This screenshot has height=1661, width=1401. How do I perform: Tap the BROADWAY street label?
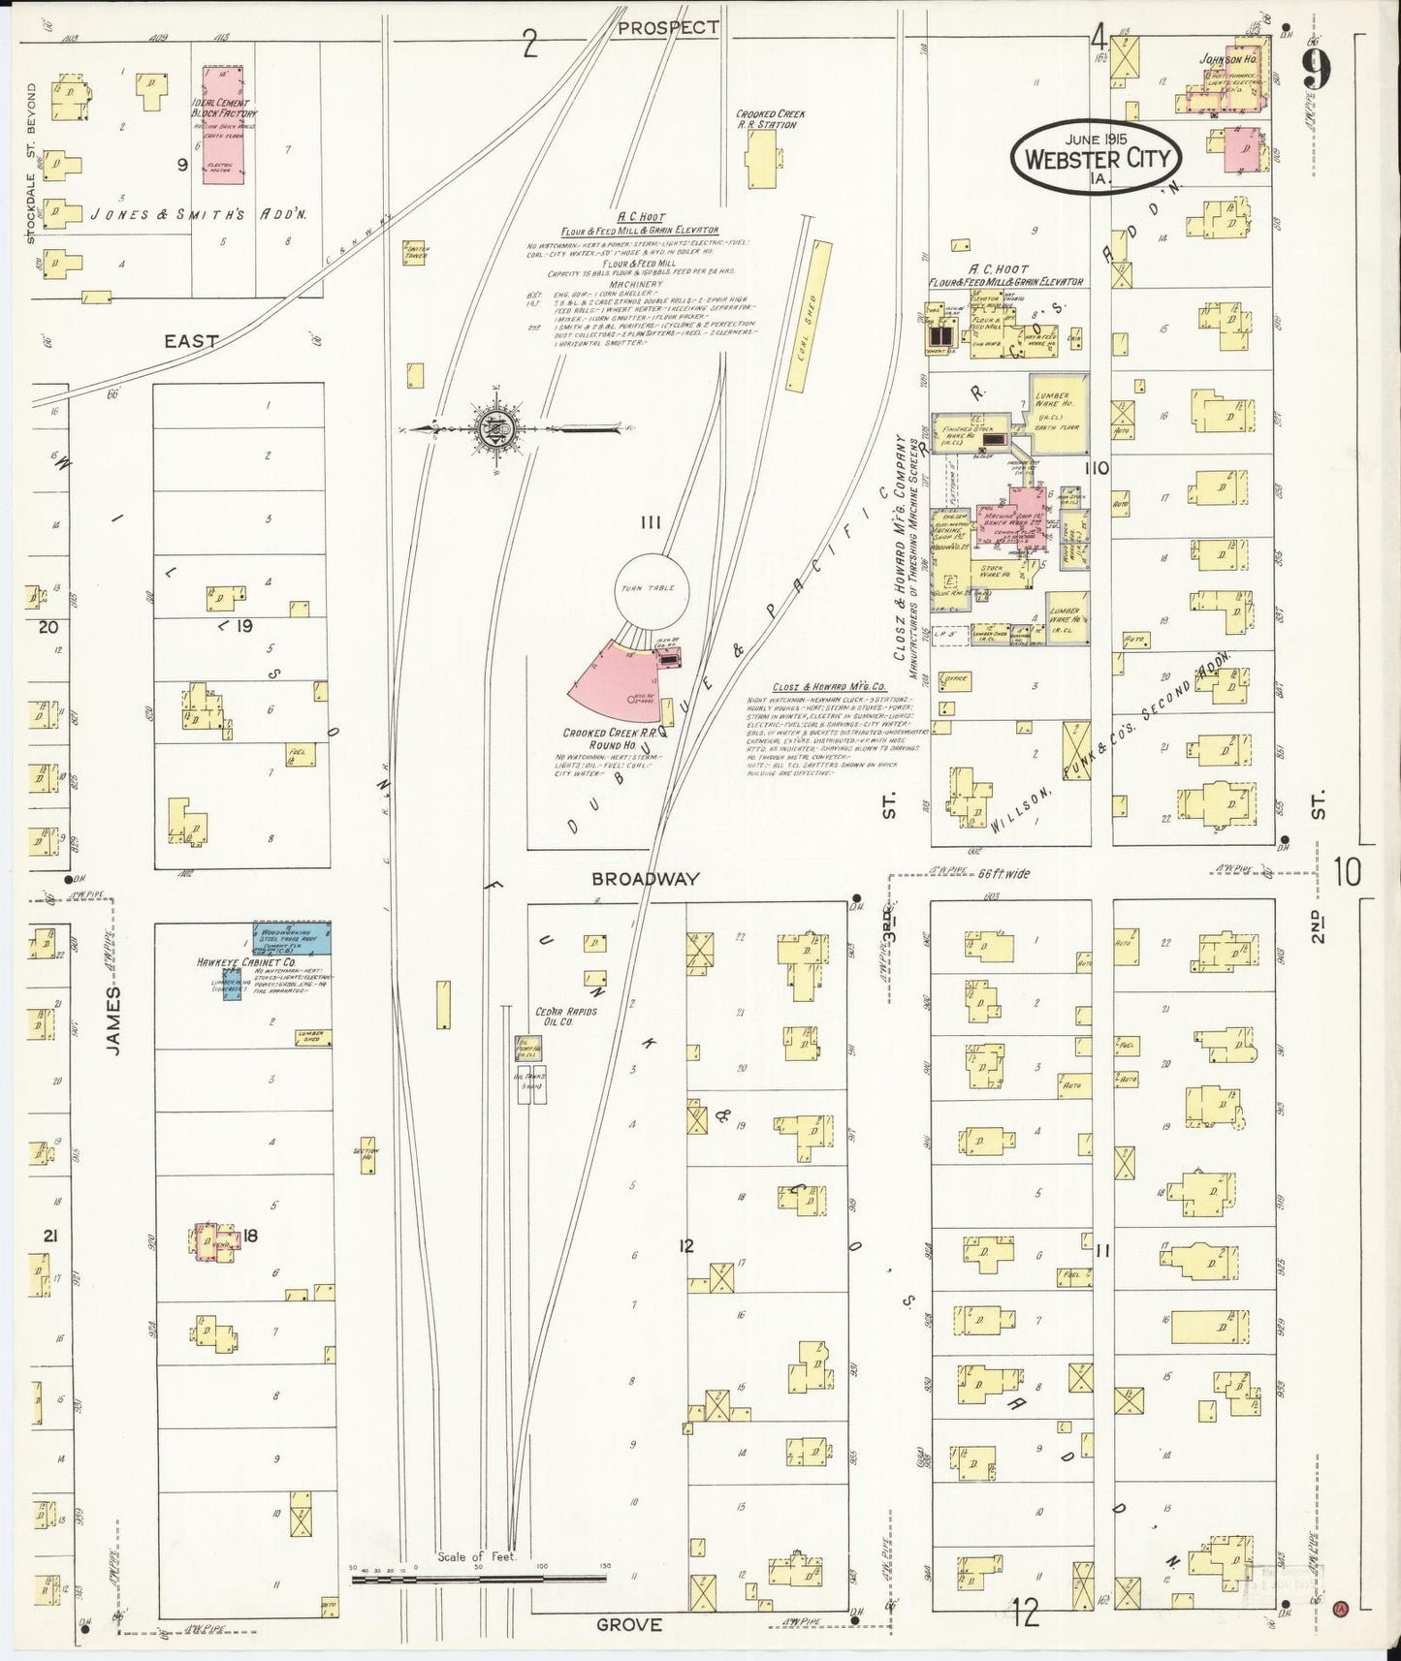[x=646, y=879]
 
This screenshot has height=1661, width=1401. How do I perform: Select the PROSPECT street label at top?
[x=668, y=27]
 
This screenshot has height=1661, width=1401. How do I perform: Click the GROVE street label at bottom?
[x=629, y=1625]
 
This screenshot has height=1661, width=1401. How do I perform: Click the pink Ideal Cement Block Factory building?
[x=223, y=124]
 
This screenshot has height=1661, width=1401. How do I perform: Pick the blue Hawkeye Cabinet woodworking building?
[x=292, y=939]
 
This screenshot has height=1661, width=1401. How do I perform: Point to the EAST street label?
[x=191, y=341]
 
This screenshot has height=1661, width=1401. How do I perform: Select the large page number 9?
[x=1317, y=72]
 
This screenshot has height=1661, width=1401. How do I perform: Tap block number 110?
[x=1097, y=468]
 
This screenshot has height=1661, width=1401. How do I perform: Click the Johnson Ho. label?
[x=1227, y=59]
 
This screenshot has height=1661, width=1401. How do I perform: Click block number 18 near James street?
[x=250, y=1236]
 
